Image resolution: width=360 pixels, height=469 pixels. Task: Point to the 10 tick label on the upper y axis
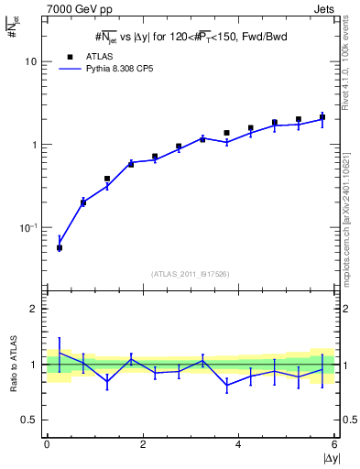[x=30, y=61]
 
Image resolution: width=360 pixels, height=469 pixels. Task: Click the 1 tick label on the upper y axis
[x=33, y=145]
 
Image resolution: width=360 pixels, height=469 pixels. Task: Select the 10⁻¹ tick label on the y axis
[x=27, y=227]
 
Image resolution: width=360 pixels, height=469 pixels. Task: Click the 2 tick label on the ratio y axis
[x=33, y=309]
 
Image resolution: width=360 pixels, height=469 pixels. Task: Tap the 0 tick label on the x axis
[x=46, y=444]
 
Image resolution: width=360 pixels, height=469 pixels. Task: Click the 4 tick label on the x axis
[x=239, y=444]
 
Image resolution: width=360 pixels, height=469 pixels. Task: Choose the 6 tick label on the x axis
[x=335, y=444]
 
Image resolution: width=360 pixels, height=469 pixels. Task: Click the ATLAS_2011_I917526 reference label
[x=190, y=273]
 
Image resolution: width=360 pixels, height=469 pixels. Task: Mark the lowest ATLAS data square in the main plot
[x=60, y=247]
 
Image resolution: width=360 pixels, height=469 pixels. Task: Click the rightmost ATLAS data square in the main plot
[x=322, y=116]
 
